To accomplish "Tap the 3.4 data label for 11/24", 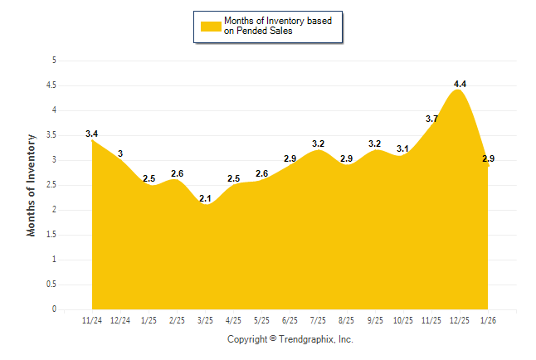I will (92, 134).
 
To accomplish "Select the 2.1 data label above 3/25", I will (206, 198).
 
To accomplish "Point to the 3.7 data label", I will (431, 119).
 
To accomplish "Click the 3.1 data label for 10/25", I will (403, 148).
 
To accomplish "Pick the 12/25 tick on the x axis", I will (460, 319).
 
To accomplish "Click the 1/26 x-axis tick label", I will (488, 319).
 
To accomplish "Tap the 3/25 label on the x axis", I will (206, 319).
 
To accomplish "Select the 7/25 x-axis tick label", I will (319, 319).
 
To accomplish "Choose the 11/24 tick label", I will (92, 319).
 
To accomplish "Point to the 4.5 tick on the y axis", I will (51, 85).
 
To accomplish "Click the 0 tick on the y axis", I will (54, 309).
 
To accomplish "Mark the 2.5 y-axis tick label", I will (51, 184).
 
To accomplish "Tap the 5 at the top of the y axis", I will (54, 60).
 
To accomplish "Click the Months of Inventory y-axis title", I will (32, 185).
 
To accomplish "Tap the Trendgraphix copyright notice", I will (290, 339).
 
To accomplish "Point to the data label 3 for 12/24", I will (120, 153).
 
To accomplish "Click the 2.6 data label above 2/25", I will (178, 173).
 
